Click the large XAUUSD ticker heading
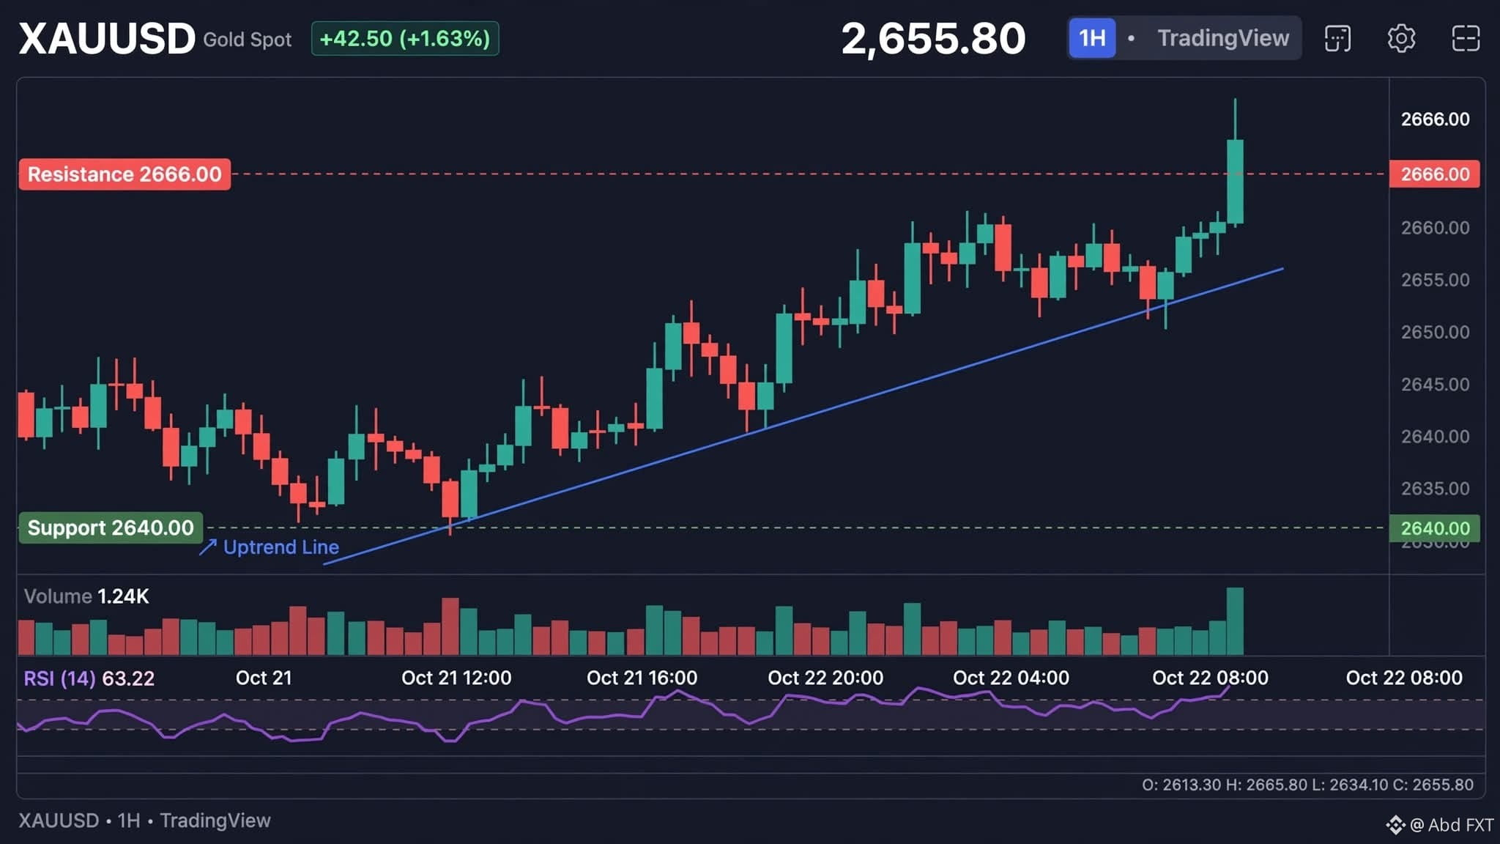[x=107, y=38]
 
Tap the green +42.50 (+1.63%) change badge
[x=405, y=38]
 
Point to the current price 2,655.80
[x=933, y=38]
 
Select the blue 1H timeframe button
[x=1092, y=38]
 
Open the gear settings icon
[x=1401, y=38]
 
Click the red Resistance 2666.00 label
[x=125, y=174]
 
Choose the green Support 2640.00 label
[x=111, y=527]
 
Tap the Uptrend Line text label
[x=281, y=547]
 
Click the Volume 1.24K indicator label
[x=86, y=596]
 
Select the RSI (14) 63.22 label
[x=89, y=678]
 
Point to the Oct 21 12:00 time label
[x=456, y=678]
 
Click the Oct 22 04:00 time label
[x=1011, y=678]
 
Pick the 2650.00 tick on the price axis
[x=1435, y=332]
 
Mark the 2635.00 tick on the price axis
[x=1435, y=488]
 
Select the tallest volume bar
[x=1235, y=621]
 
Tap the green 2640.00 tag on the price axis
[x=1434, y=528]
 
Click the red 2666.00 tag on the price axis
[x=1434, y=174]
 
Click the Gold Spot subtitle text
[x=248, y=40]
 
